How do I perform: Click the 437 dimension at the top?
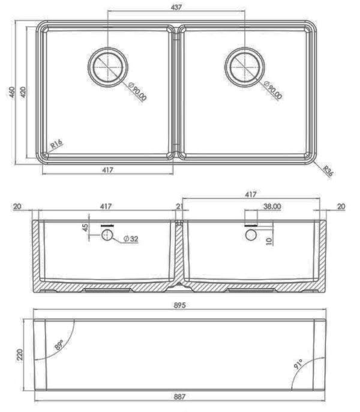tap(176, 7)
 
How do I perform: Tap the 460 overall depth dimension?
tap(12, 92)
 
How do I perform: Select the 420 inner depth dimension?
tap(23, 92)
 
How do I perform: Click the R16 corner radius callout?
tap(56, 144)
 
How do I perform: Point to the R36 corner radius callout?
tap(328, 171)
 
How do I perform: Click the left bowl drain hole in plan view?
tap(108, 67)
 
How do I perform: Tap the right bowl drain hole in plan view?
tap(245, 67)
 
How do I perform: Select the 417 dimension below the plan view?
tap(107, 170)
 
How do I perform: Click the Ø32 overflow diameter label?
tap(131, 239)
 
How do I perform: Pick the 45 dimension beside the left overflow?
tap(85, 227)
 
